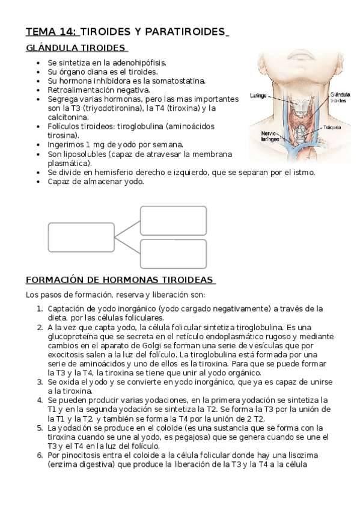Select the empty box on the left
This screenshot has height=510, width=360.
pos(81,237)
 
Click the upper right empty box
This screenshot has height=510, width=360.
pos(173,221)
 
